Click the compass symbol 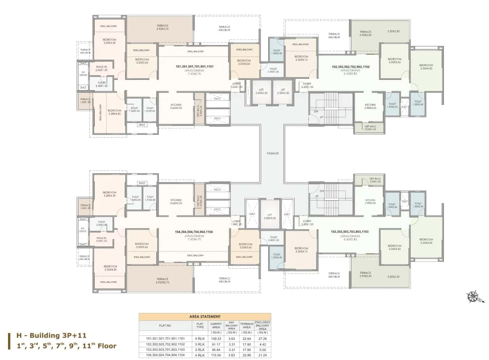[473, 298]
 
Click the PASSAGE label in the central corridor [272, 153]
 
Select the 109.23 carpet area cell [216, 338]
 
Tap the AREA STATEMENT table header [205, 316]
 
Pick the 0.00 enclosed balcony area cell [262, 350]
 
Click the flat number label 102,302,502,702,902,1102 [350, 66]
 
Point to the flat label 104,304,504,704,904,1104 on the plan [194, 232]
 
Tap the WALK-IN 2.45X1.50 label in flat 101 [101, 68]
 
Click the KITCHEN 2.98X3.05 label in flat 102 [370, 106]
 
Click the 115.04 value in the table [216, 355]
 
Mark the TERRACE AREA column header [246, 325]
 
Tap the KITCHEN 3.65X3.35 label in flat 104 [176, 202]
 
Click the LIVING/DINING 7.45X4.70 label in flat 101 [194, 68]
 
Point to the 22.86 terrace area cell [246, 355]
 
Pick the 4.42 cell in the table [262, 344]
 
